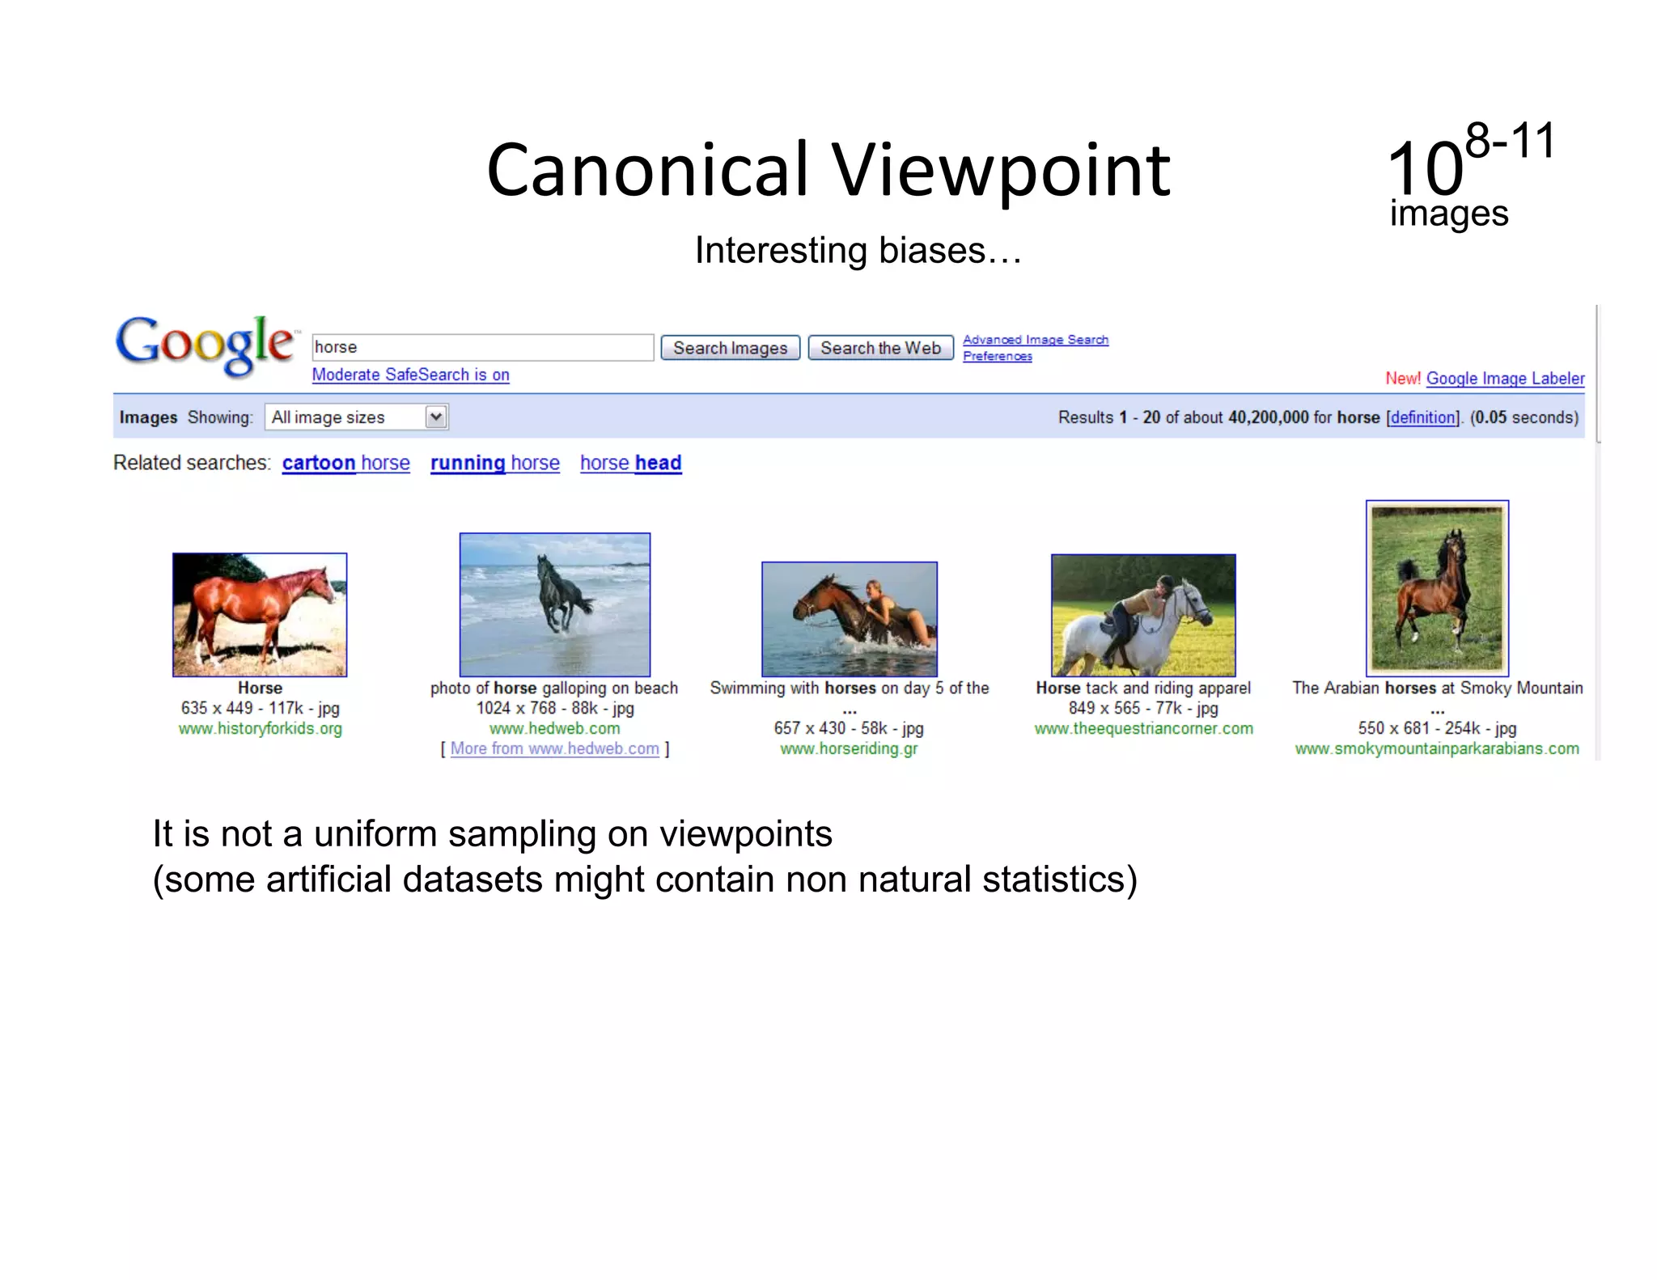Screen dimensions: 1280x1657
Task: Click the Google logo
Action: point(204,345)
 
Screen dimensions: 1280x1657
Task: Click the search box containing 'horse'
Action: point(482,347)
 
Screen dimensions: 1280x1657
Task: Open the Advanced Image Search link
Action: point(1035,340)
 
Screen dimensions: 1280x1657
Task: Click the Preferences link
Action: point(997,356)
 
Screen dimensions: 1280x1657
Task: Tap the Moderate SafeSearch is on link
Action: point(410,375)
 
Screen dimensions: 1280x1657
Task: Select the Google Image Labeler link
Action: point(1504,379)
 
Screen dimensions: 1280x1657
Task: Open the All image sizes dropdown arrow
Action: point(436,417)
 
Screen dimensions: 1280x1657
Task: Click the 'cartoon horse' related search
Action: point(345,463)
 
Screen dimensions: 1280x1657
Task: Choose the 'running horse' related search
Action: point(494,463)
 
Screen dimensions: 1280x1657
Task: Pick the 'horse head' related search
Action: point(630,463)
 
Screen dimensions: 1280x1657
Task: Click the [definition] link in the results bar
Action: point(1423,417)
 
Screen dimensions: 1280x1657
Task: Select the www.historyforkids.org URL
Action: point(260,728)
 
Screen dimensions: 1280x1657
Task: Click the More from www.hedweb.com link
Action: point(554,748)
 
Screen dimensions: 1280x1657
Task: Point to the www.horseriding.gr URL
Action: point(849,748)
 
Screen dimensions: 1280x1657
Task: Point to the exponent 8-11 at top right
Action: point(1510,141)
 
